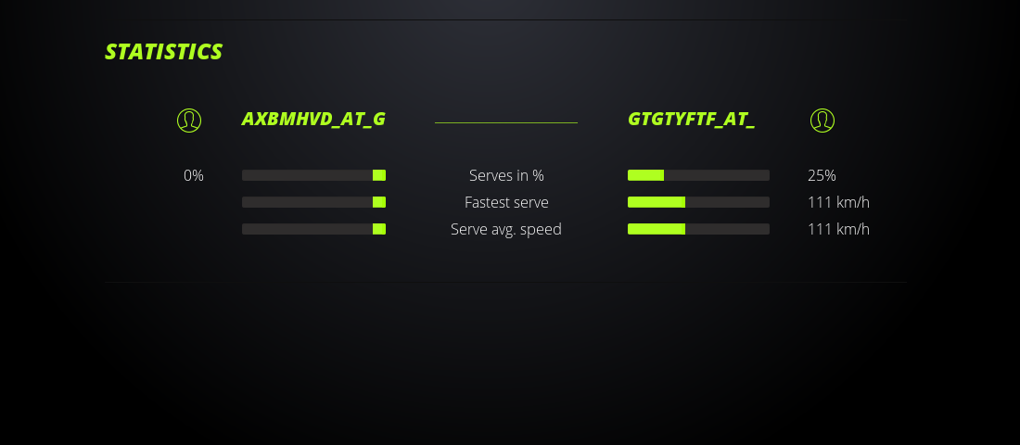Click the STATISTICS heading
pos(163,51)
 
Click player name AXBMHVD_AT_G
pos(313,119)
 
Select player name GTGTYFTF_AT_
pos(692,119)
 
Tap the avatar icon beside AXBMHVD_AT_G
pos(189,121)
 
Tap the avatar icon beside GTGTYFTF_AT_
pos(822,121)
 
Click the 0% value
pos(194,175)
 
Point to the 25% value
pos(822,175)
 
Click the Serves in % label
pos(506,175)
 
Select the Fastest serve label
pos(506,202)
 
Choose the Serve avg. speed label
pos(506,229)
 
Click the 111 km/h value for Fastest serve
pos(838,202)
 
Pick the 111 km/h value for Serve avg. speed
pos(838,229)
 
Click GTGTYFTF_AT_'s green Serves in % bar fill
pos(646,175)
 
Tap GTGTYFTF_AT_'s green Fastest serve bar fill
pos(657,202)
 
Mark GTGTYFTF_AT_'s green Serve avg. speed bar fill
pos(657,229)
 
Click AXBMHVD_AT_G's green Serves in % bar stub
pos(379,175)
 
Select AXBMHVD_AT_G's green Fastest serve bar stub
pos(379,202)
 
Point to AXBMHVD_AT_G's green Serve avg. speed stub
pos(379,229)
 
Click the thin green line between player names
pos(506,122)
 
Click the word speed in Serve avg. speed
pos(541,230)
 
